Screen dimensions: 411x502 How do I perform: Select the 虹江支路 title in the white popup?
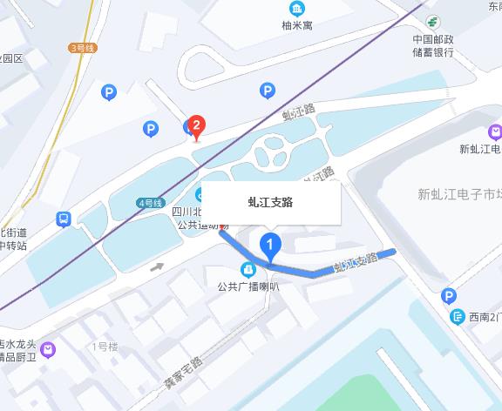pyautogui.click(x=271, y=202)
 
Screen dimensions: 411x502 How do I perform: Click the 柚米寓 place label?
pyautogui.click(x=297, y=26)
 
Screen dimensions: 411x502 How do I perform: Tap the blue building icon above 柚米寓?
pyautogui.click(x=297, y=9)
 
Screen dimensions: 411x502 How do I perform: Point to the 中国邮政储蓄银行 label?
pyautogui.click(x=434, y=46)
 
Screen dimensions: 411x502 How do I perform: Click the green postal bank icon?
pyautogui.click(x=433, y=22)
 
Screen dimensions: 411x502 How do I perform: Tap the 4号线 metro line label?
pyautogui.click(x=150, y=203)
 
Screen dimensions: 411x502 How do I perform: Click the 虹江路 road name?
pyautogui.click(x=297, y=111)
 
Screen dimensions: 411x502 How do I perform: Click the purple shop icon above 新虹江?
pyautogui.click(x=495, y=132)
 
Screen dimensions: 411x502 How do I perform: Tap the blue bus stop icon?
pyautogui.click(x=64, y=219)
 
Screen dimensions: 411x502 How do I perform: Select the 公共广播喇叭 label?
pyautogui.click(x=248, y=286)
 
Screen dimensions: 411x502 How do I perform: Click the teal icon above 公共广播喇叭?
pyautogui.click(x=248, y=268)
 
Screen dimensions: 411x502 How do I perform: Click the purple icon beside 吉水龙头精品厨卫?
pyautogui.click(x=48, y=349)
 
